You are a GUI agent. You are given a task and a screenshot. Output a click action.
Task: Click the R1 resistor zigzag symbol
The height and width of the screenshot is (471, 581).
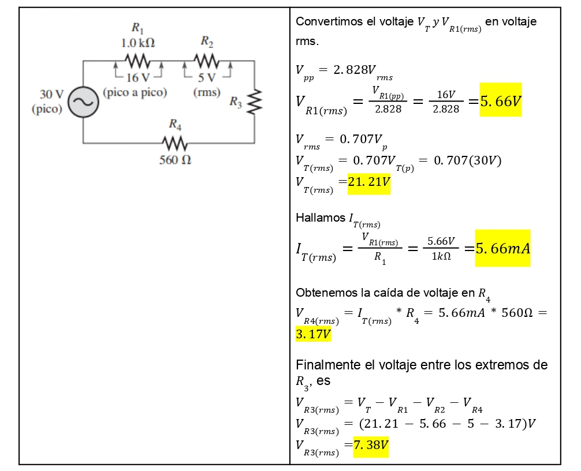coord(138,60)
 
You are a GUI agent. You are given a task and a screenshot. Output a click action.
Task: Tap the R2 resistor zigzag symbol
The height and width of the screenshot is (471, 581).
coord(206,60)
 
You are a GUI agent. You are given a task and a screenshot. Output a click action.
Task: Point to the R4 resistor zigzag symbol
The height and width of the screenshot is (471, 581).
coord(174,142)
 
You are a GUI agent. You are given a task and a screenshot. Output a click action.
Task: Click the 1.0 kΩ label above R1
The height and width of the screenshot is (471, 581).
coord(137,43)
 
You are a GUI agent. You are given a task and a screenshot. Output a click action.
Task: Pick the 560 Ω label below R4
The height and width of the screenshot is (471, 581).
coord(175,160)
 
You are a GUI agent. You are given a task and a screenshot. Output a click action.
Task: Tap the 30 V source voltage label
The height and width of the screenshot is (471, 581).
coord(51,94)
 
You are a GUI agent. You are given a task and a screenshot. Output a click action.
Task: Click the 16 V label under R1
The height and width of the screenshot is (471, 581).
coord(137,77)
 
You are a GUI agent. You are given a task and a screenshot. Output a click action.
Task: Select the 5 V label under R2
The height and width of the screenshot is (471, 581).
coord(206,77)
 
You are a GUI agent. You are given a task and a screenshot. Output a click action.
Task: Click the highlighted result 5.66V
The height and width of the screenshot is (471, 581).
coord(500,101)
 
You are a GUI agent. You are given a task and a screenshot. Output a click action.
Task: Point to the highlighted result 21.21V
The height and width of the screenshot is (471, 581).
coord(368,183)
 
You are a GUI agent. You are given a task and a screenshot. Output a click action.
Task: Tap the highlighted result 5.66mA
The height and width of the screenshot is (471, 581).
coord(502,248)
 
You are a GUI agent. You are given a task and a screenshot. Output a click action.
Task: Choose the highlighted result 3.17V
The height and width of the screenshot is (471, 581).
coord(313,334)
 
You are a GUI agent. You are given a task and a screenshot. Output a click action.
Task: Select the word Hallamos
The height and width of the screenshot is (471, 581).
coord(320,218)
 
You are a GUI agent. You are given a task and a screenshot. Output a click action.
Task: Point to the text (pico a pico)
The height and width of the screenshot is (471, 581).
coord(135,92)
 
